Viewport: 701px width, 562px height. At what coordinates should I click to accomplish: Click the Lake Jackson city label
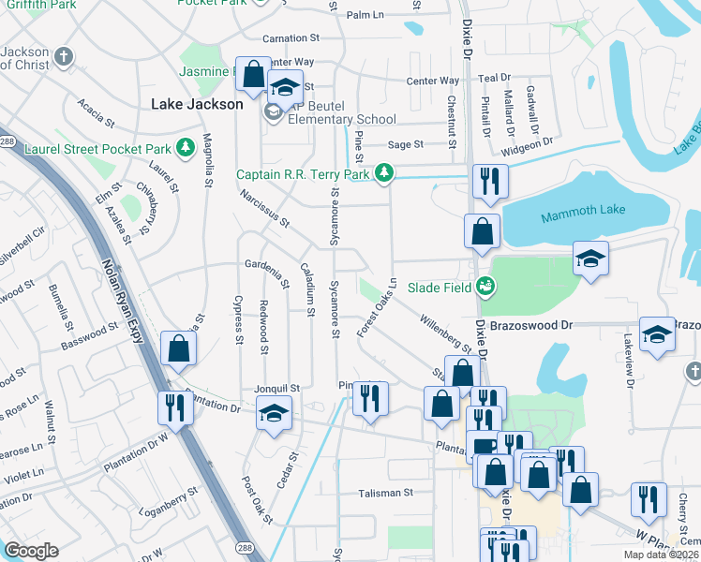(x=197, y=104)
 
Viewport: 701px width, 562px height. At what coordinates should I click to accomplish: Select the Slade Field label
(x=436, y=287)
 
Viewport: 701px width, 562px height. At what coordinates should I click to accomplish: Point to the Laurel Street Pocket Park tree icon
(x=186, y=147)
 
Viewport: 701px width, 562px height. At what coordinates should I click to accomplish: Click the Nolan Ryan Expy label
(x=121, y=300)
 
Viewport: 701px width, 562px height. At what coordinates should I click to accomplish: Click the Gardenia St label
(x=269, y=272)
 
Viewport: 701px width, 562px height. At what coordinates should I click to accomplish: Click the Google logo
(x=31, y=550)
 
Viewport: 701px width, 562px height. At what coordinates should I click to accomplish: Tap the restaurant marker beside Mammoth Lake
(x=489, y=180)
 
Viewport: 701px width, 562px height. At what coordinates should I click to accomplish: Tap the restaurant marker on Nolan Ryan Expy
(x=175, y=407)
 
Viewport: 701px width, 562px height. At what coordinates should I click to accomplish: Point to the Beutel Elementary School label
(x=342, y=120)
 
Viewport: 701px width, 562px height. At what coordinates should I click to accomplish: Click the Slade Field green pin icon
(x=485, y=287)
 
